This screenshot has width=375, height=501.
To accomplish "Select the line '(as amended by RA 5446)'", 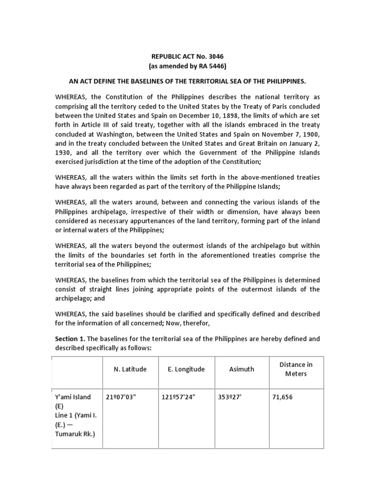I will [188, 66].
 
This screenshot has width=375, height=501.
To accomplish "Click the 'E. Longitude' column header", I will [184, 369].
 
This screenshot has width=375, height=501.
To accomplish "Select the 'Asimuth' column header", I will [242, 369].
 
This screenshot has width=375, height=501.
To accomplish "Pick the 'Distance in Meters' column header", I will [296, 369].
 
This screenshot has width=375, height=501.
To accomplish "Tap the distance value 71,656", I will [282, 397].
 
